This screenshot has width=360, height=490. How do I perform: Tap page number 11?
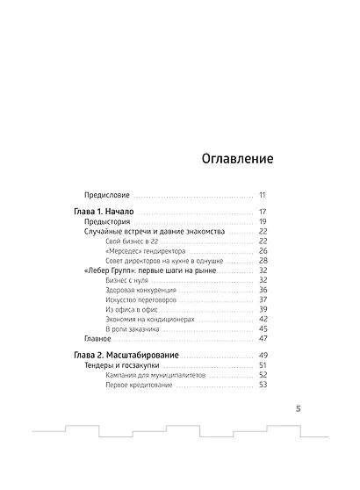pyautogui.click(x=263, y=194)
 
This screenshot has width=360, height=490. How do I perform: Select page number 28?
pyautogui.click(x=263, y=261)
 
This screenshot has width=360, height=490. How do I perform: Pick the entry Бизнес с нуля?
pyautogui.click(x=124, y=280)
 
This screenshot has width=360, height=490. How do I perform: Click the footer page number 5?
pyautogui.click(x=298, y=408)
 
